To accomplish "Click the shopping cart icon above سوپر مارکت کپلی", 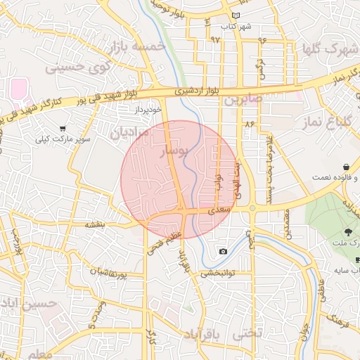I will tap(63, 129).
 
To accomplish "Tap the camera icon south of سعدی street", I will tap(223, 252).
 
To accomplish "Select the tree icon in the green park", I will tap(349, 232).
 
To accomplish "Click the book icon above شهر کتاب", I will tap(235, 15).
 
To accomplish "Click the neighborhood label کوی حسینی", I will tap(79, 67).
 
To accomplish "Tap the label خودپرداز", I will tap(148, 110).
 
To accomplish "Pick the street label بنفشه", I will tap(95, 224).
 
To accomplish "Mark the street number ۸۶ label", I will tap(248, 124).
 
